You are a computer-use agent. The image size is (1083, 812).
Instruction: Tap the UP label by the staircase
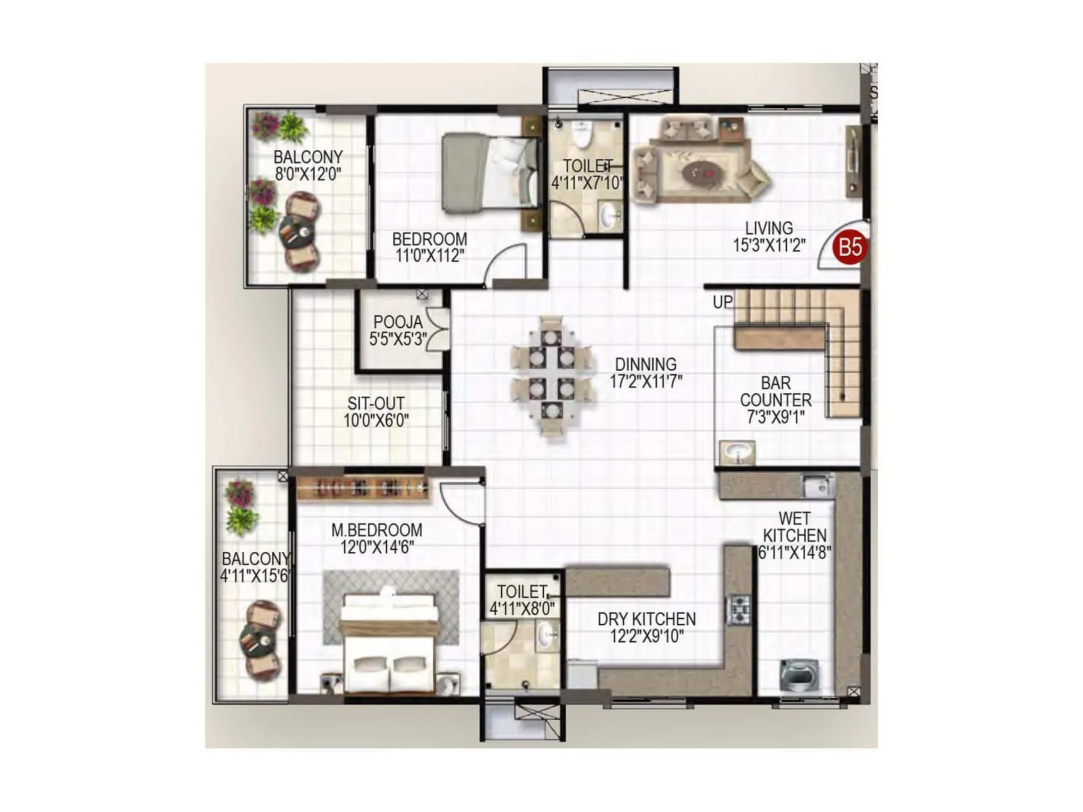[722, 302]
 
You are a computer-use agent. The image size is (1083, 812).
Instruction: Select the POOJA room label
[397, 322]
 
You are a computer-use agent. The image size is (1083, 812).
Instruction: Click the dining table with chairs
[552, 376]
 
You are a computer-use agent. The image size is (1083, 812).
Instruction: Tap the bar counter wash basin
[736, 452]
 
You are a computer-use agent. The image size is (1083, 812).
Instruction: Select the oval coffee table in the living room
[702, 173]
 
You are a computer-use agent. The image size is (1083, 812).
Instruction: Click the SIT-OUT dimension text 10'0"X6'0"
[376, 420]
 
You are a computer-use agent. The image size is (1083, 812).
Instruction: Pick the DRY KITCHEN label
[646, 618]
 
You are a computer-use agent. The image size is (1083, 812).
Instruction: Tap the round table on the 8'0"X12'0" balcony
[296, 233]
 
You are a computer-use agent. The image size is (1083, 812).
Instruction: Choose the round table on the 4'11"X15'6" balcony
[259, 639]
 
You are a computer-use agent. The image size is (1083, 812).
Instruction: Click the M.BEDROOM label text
[376, 530]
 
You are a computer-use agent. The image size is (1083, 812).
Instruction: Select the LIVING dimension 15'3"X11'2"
[769, 246]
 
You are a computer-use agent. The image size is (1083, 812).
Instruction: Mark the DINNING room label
[646, 364]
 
